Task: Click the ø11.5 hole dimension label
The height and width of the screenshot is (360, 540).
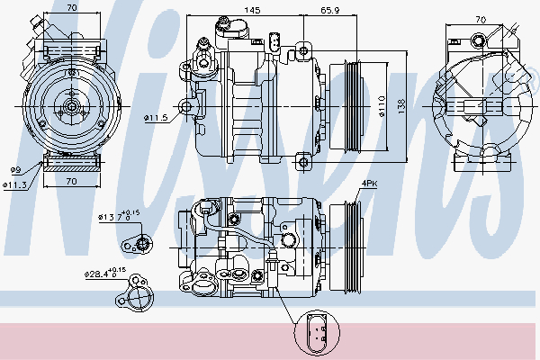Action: pos(156,116)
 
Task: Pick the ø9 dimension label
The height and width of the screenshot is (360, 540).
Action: pos(14,169)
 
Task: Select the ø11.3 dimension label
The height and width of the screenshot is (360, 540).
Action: pos(15,184)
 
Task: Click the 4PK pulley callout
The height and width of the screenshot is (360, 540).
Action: pos(368,184)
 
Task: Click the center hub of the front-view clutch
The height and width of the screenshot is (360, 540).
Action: pos(71,106)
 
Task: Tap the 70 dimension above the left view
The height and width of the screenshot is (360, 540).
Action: pos(71,9)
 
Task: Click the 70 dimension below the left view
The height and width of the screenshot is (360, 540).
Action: pos(70,181)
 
